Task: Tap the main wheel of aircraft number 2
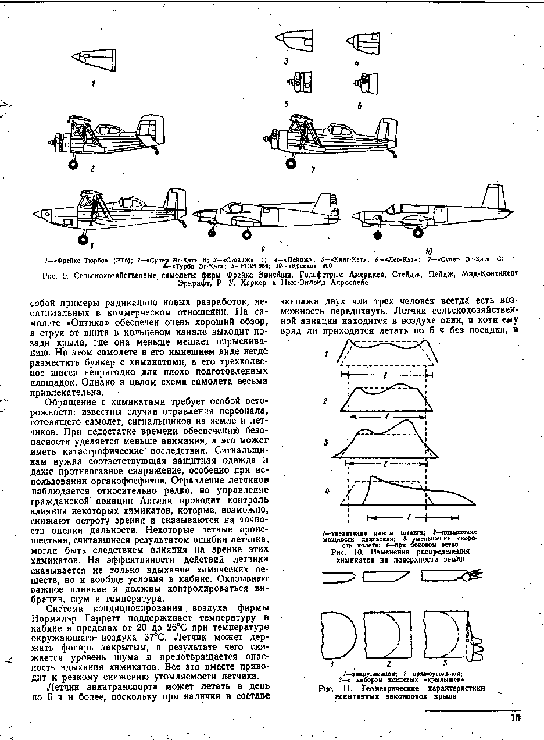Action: pyautogui.click(x=74, y=165)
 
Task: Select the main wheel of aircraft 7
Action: pyautogui.click(x=293, y=165)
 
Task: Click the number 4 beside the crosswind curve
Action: pyautogui.click(x=327, y=491)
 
